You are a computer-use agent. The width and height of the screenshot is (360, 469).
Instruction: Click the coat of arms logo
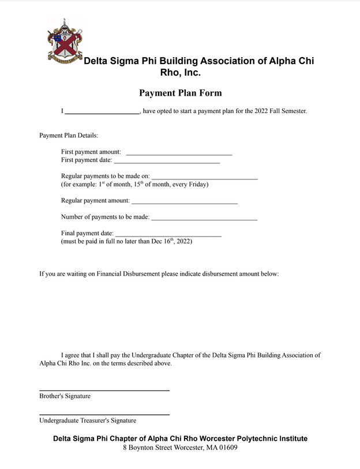(65, 42)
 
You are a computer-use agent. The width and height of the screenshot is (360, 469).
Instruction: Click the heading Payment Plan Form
(180, 93)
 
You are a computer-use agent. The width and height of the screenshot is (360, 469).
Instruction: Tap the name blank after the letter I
(102, 112)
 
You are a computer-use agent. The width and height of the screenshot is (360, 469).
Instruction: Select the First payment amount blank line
(179, 153)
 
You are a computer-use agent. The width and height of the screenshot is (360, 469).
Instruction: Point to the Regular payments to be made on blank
(204, 177)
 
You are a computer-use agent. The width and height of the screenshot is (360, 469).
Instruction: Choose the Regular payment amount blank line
(185, 202)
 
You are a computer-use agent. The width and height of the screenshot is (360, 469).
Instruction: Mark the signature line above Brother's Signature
(104, 390)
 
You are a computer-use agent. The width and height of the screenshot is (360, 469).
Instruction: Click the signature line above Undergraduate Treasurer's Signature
(104, 414)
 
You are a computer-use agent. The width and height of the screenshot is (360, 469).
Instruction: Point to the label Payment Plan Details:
(69, 136)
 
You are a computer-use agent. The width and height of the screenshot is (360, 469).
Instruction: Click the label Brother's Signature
(65, 396)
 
